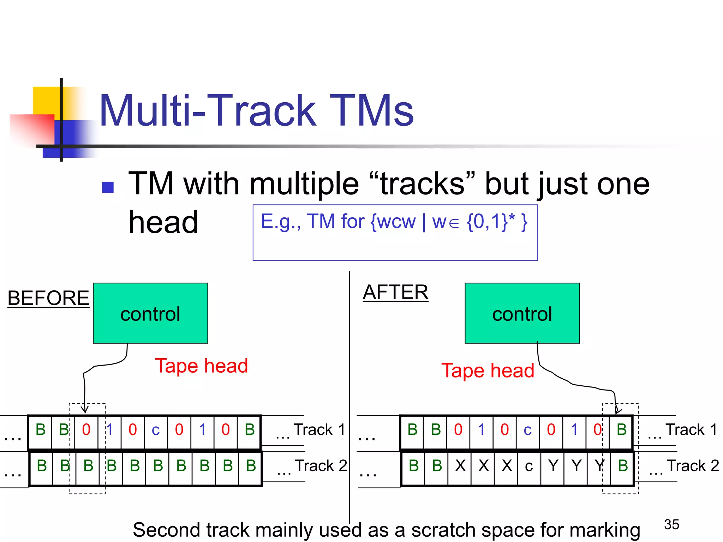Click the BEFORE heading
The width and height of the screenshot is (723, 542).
pos(48,298)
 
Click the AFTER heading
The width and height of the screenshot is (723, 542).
pos(395,292)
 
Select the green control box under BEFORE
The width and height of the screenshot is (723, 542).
pos(150,313)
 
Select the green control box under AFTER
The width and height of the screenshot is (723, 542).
pos(522,313)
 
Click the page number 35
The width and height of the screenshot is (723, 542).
pos(671,524)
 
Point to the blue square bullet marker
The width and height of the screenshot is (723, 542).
pos(108,187)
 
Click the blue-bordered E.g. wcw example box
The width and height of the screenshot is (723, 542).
pos(395,233)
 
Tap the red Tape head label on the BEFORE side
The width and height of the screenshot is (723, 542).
pos(202,366)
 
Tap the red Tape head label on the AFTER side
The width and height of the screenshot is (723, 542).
pos(488,371)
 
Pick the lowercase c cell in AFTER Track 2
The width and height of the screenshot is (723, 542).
pos(529,466)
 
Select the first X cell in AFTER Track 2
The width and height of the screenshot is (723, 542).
pos(460,466)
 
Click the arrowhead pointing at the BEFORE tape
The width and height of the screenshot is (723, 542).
pos(85,410)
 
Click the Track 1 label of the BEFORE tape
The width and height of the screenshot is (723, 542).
pos(319,430)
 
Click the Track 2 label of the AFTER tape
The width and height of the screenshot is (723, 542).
pos(693,466)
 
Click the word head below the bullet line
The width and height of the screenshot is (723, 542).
pos(163,222)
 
